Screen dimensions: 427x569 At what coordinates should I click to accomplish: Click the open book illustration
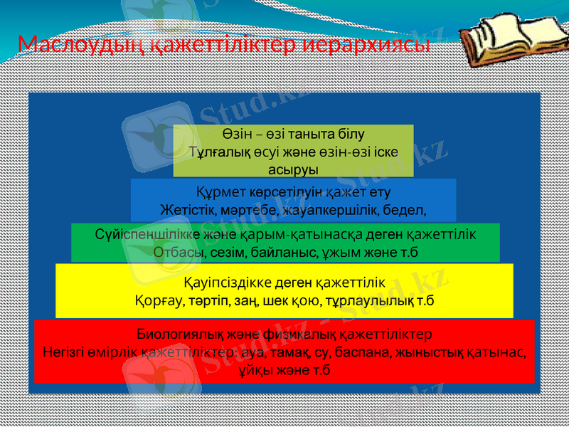[502, 36]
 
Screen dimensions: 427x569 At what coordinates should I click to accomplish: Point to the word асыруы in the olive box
[293, 169]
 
